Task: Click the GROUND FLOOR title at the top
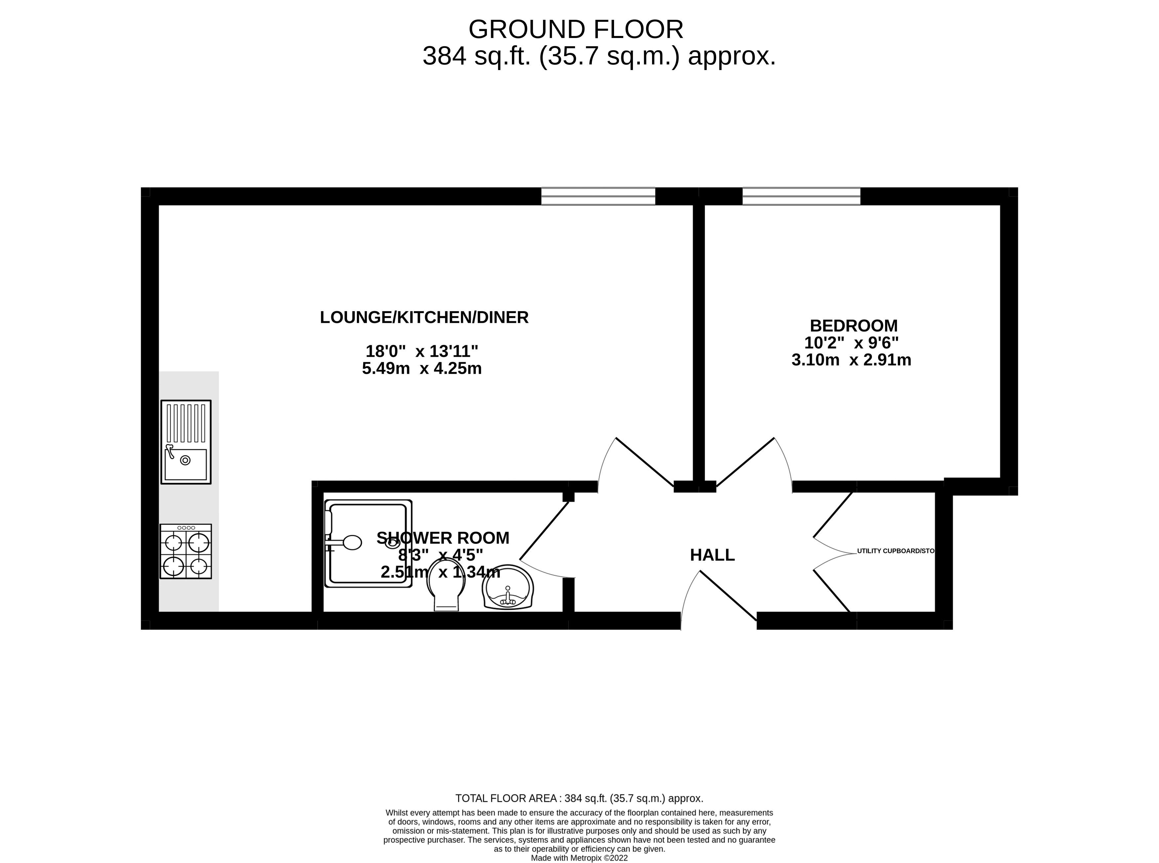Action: click(x=575, y=29)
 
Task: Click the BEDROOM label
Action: click(x=853, y=325)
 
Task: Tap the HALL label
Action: click(x=712, y=555)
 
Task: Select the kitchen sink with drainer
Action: click(x=185, y=442)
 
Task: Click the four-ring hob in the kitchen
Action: click(x=185, y=552)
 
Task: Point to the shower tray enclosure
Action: click(x=367, y=543)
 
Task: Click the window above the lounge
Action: click(x=598, y=196)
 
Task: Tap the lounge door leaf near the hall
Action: click(x=644, y=462)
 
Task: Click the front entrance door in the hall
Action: click(x=728, y=595)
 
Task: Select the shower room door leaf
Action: click(x=544, y=531)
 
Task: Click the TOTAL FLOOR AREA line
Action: click(x=579, y=798)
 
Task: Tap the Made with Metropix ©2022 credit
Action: click(x=579, y=858)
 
